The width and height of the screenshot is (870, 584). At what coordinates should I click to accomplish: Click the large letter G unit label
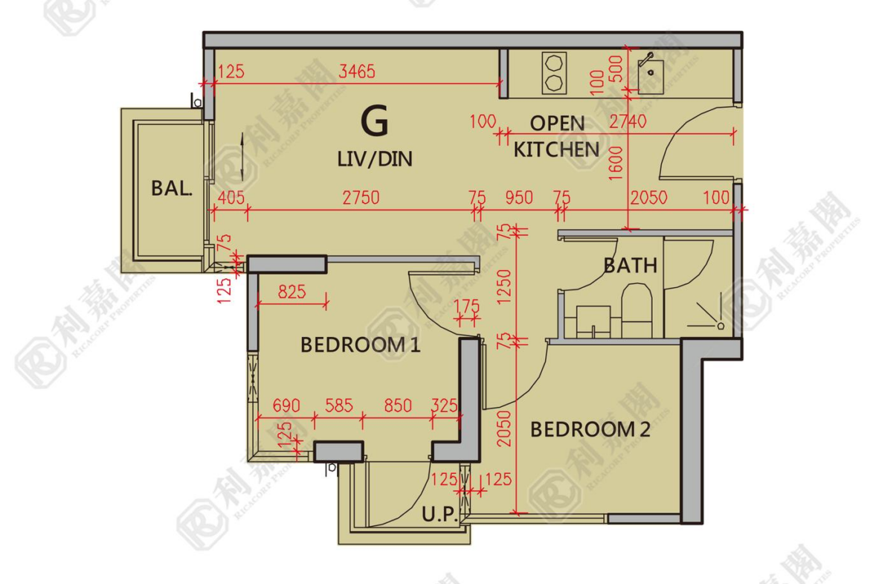(x=375, y=121)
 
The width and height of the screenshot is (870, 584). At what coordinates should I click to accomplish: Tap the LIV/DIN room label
(x=375, y=159)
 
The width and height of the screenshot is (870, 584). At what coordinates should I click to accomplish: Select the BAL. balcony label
(x=172, y=189)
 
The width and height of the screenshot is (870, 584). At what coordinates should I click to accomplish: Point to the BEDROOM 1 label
(x=360, y=344)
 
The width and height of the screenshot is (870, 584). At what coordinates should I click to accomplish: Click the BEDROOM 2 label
(x=590, y=429)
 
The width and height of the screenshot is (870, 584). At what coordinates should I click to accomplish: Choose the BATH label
(x=631, y=266)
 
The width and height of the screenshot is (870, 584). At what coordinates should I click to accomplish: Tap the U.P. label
(x=439, y=515)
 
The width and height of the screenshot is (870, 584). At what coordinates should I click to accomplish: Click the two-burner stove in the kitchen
(x=554, y=73)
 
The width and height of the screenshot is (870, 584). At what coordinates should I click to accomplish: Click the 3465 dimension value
(x=357, y=71)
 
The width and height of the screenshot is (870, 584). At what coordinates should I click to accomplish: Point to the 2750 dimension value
(x=361, y=198)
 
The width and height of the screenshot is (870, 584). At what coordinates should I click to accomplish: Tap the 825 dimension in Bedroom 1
(x=291, y=292)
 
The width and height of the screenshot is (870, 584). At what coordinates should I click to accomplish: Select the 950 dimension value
(x=519, y=198)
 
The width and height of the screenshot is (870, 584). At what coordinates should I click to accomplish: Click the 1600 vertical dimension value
(x=616, y=163)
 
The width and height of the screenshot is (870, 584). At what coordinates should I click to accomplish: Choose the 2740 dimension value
(x=628, y=121)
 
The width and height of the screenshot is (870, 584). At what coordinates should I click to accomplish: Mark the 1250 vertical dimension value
(x=504, y=286)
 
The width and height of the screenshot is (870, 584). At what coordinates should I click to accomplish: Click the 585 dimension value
(x=338, y=405)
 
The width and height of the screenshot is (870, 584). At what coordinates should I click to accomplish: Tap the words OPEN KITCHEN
(x=556, y=137)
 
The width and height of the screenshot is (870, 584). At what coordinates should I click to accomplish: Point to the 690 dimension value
(x=286, y=405)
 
